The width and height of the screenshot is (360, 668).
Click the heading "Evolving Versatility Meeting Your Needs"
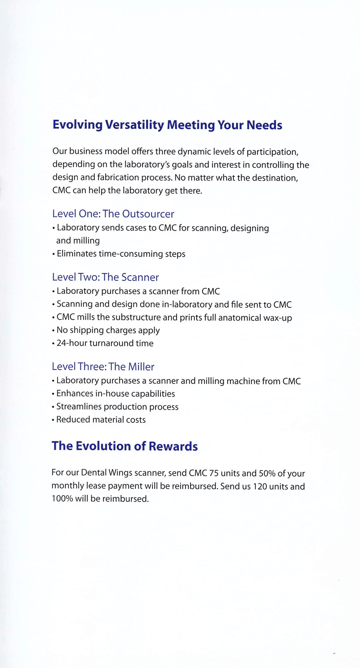coord(167,125)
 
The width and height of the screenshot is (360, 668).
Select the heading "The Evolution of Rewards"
coord(125,446)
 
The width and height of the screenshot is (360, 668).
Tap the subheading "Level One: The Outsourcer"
coord(113,214)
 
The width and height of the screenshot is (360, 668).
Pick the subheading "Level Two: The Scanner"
coord(106,277)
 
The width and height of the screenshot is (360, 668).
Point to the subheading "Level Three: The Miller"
coord(103,367)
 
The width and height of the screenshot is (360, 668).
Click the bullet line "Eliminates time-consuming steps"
coord(119,254)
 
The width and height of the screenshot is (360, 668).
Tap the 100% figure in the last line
coord(62,499)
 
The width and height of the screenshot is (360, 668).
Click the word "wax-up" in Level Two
coord(283,318)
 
